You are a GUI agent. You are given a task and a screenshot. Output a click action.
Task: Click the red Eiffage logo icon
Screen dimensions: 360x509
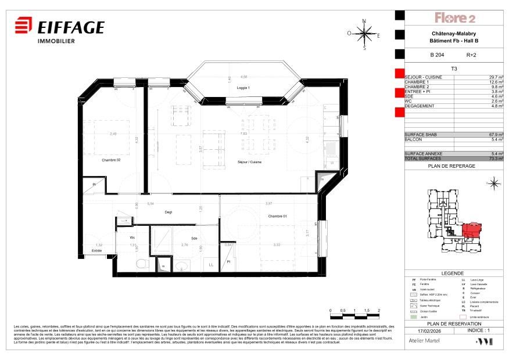(x=23, y=27)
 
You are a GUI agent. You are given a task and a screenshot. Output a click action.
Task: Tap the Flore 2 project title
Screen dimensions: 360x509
(x=456, y=18)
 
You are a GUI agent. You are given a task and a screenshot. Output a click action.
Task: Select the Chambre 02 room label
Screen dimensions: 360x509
(x=110, y=160)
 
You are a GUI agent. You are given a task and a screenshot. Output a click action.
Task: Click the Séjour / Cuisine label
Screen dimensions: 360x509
(x=249, y=162)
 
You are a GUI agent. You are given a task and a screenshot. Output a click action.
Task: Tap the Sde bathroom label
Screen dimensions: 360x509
(x=195, y=237)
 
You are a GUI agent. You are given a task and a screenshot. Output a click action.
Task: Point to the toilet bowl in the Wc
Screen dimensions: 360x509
(x=140, y=264)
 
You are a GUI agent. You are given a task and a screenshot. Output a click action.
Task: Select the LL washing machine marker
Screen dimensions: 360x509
(x=211, y=265)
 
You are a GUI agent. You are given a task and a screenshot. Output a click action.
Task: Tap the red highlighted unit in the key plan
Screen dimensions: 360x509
(x=471, y=230)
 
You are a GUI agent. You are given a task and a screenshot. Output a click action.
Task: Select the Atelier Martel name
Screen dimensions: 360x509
(x=423, y=341)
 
